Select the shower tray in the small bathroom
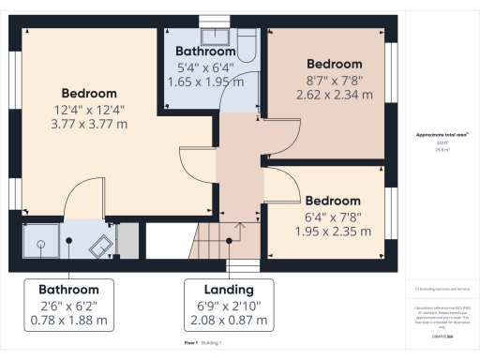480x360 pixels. (x=41, y=241)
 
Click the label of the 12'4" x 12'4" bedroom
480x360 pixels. (x=89, y=93)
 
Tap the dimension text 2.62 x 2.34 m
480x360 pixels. (x=335, y=95)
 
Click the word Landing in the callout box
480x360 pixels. (x=230, y=290)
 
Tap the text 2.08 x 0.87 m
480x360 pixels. (x=230, y=320)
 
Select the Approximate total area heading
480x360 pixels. (x=442, y=135)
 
